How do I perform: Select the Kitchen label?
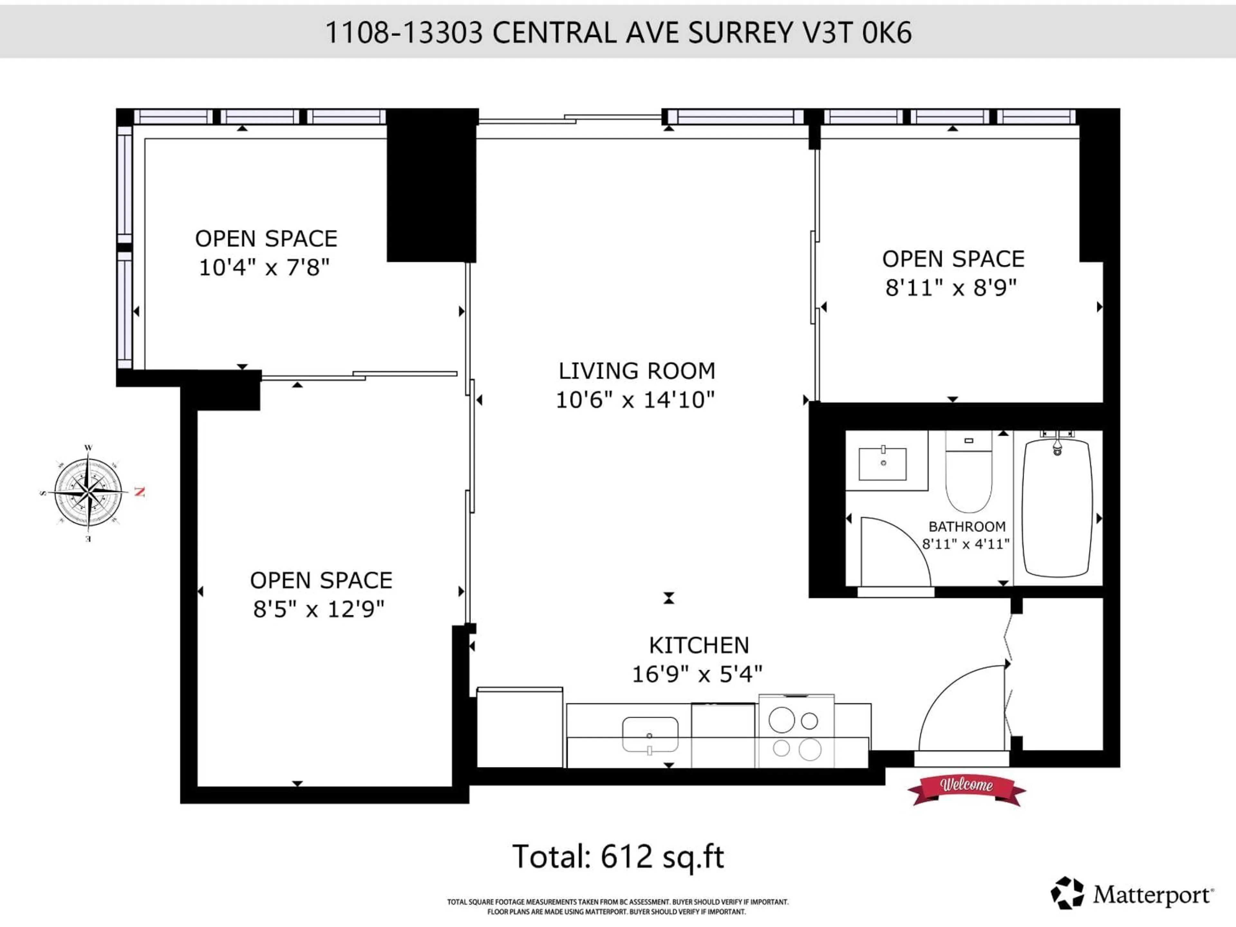click(698, 645)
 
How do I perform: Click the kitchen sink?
click(650, 734)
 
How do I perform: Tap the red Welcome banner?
click(966, 785)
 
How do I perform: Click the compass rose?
click(88, 492)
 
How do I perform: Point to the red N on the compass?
click(140, 492)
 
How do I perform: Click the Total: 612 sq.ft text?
click(618, 857)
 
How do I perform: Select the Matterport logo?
click(1131, 894)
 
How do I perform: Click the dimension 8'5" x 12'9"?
click(319, 609)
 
